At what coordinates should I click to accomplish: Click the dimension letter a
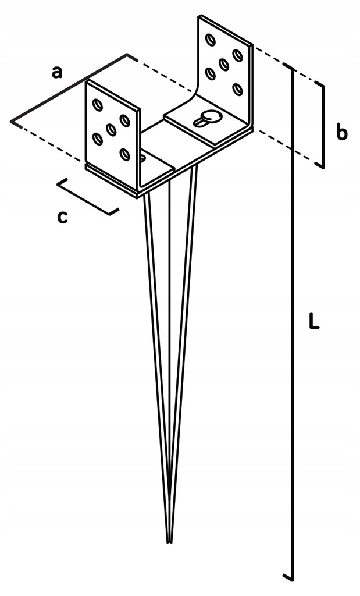[x=56, y=72]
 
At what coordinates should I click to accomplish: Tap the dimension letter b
[x=341, y=133]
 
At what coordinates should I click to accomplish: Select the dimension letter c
[x=62, y=217]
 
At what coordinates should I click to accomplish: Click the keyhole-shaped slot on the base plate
[x=208, y=119]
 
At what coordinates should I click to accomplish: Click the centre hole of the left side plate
[x=111, y=129]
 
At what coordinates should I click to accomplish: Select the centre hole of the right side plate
[x=223, y=64]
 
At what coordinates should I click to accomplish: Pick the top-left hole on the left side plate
[x=97, y=105]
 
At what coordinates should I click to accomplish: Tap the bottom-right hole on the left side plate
[x=124, y=154]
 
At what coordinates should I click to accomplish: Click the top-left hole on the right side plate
[x=210, y=40]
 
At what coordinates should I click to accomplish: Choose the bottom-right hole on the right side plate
[x=237, y=89]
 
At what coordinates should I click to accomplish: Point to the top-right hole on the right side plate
[x=237, y=55]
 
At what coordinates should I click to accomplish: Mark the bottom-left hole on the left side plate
[x=98, y=139]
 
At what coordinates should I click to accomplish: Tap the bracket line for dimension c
[x=87, y=197]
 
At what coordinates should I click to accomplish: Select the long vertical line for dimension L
[x=292, y=320]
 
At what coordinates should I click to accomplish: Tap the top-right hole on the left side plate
[x=124, y=120]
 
